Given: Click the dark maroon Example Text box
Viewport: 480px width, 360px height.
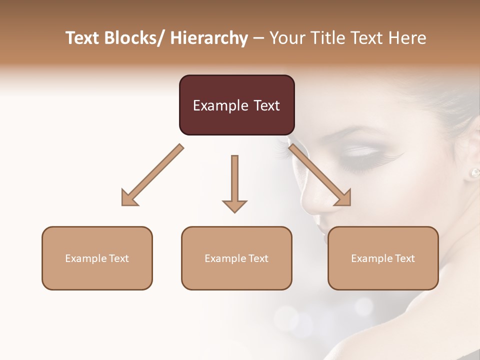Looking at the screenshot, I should click(236, 105).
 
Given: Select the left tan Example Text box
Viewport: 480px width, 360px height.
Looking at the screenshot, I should click(97, 258).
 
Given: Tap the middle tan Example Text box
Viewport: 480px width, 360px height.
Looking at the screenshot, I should click(236, 258).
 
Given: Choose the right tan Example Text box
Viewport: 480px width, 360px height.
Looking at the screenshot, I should click(383, 258).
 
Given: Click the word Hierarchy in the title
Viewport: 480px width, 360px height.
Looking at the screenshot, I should click(209, 38).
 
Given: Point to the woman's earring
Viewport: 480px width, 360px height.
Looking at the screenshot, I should click(474, 173).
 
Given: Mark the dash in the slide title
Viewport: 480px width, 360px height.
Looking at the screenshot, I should click(258, 38).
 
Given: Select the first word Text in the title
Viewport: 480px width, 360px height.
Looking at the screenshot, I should click(83, 38).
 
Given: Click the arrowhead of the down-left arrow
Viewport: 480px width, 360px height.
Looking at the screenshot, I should click(129, 198).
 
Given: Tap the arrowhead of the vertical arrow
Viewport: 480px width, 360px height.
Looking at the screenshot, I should click(234, 205).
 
